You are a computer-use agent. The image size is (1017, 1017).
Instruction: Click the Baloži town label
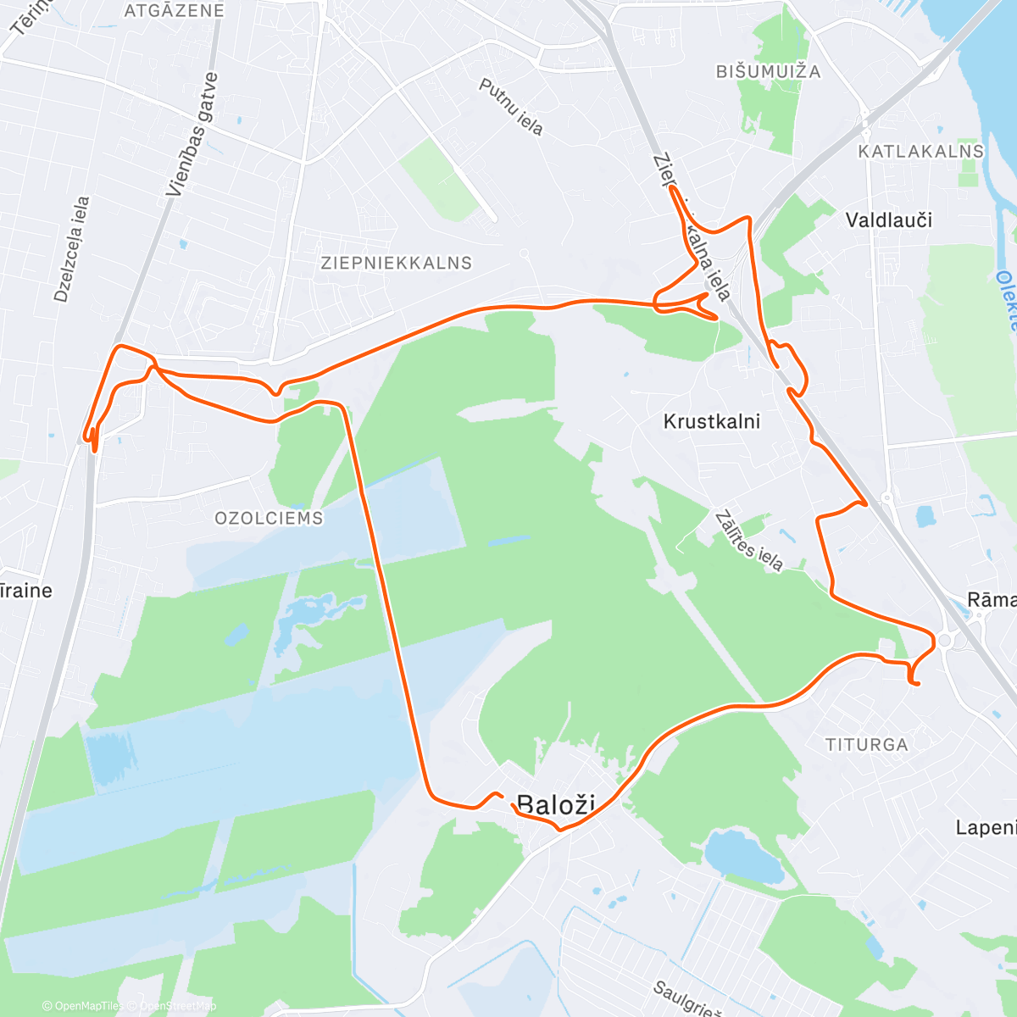(x=556, y=804)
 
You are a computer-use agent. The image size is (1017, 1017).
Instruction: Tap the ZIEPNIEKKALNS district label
(x=396, y=263)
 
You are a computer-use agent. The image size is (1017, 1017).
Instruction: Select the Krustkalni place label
(x=712, y=421)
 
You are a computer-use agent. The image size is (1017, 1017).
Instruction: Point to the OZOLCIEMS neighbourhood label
(x=269, y=518)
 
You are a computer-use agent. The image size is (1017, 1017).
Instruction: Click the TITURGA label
(x=866, y=745)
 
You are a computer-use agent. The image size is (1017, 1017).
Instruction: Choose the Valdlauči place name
(x=889, y=220)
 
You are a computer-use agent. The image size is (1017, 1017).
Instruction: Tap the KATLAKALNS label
(x=921, y=152)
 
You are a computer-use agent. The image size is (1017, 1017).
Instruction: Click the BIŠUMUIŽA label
(x=769, y=72)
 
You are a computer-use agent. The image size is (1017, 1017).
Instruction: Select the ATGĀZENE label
(x=175, y=11)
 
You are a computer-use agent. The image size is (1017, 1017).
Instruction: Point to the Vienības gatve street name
(x=192, y=136)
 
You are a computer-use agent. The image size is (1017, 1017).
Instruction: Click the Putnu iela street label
(x=510, y=107)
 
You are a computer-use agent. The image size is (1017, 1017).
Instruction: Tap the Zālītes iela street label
(x=748, y=541)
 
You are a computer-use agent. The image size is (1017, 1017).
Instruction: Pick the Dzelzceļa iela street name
(x=71, y=249)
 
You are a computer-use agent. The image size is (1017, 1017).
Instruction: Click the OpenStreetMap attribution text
(x=178, y=1006)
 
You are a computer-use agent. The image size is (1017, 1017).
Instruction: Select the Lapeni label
(x=986, y=827)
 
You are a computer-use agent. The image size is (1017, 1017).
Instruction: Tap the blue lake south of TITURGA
(x=744, y=856)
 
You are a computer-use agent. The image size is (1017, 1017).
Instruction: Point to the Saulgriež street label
(x=686, y=998)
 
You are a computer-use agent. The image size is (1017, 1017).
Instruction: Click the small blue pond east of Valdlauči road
(x=924, y=515)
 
